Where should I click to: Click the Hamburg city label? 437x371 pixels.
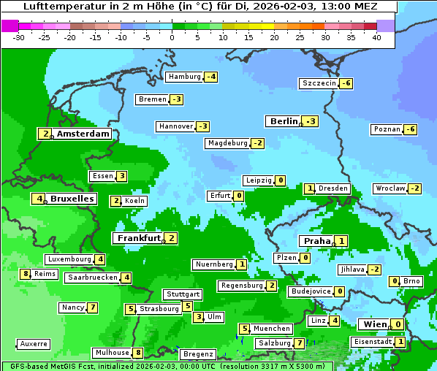coord(184,77)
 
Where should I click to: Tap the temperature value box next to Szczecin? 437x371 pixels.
coord(346,83)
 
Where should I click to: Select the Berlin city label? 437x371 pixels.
coord(284,121)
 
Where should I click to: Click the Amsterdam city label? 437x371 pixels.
coord(83,134)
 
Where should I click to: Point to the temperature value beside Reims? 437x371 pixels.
coord(26,274)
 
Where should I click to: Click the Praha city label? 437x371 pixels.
coord(317,241)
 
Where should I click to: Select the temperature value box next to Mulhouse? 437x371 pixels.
coord(137,353)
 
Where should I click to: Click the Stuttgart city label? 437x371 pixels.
coord(182,294)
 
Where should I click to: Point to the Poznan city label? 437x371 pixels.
coord(387,129)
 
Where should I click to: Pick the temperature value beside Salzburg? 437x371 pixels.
coord(300,343)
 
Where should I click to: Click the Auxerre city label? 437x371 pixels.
coord(34,343)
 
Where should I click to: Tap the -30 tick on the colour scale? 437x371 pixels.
coord(19,37)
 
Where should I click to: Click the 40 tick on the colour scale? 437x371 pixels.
coord(376,37)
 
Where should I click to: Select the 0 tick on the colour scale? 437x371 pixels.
coord(172,37)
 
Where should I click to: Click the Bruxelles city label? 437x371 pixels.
coord(72,199)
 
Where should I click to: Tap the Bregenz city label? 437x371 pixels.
coord(198,354)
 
